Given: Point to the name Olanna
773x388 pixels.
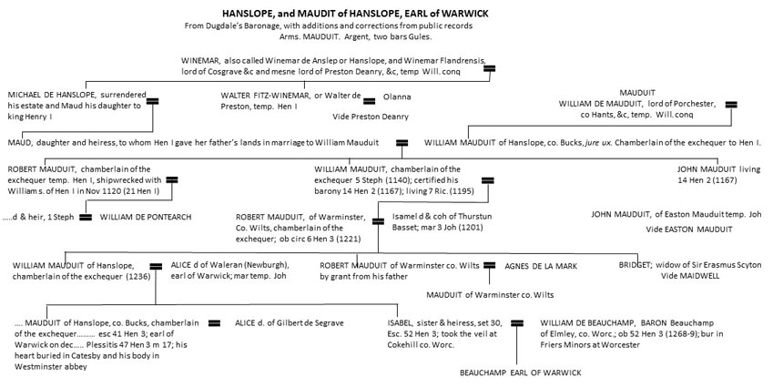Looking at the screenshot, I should pyautogui.click(x=397, y=94).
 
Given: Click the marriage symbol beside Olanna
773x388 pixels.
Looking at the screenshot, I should pyautogui.click(x=370, y=95).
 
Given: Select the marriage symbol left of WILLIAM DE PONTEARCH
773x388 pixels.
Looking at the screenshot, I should pyautogui.click(x=85, y=217).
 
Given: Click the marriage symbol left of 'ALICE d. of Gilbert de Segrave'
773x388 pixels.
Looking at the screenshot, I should pyautogui.click(x=215, y=322).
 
